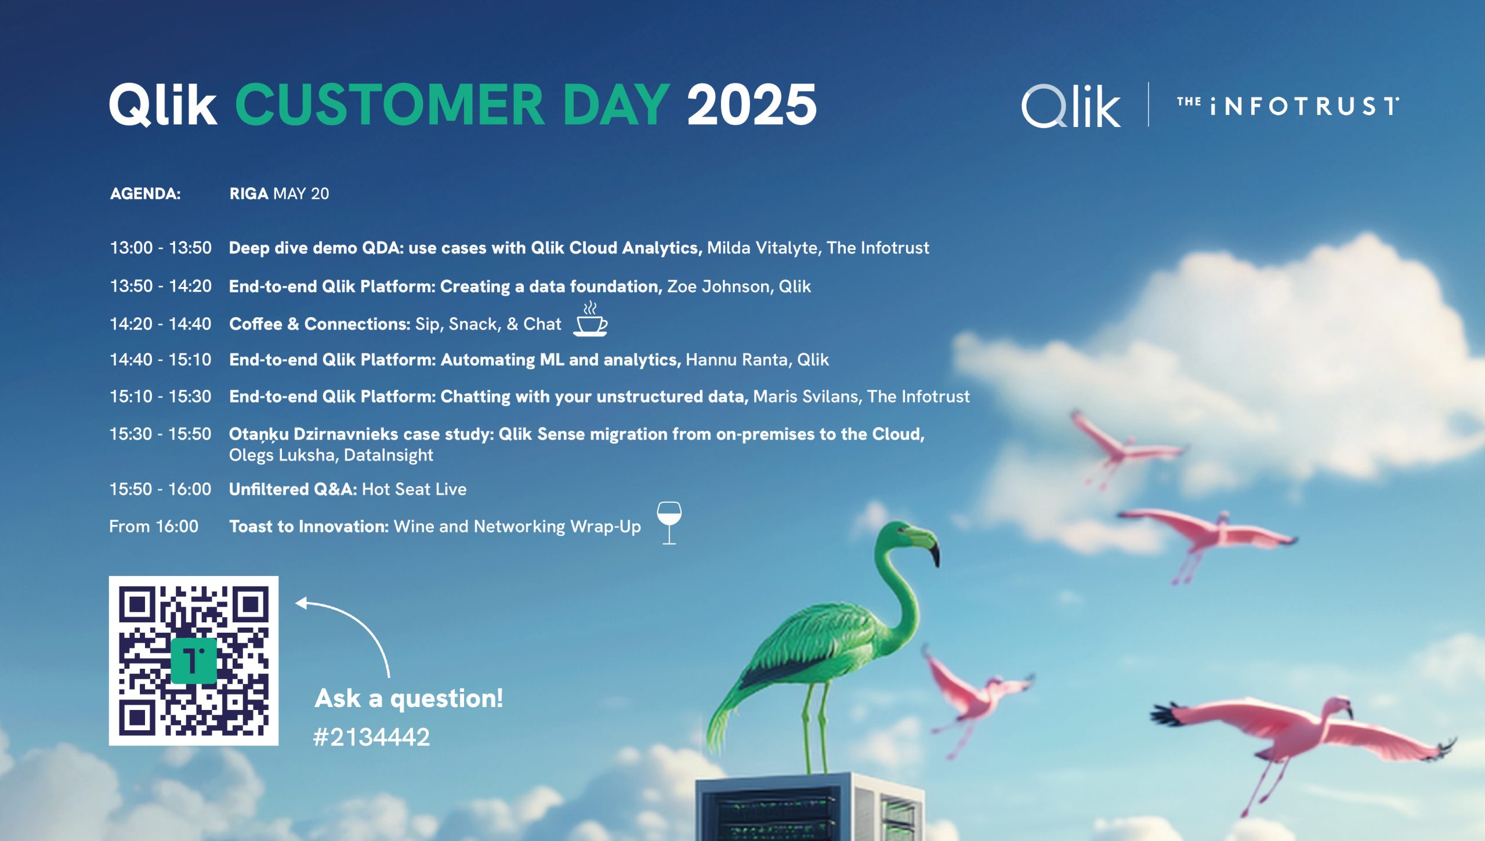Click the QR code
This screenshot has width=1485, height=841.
coord(193,661)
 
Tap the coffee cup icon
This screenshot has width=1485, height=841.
coord(591,319)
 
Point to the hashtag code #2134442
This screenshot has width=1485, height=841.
coord(371,737)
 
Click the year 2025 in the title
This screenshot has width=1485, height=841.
coord(752,104)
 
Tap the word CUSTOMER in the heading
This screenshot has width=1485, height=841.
coord(389,104)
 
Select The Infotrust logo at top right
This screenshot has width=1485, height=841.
coord(1288,106)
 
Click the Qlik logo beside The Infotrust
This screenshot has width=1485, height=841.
coord(1071,106)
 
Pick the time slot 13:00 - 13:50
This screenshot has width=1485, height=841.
coord(161,248)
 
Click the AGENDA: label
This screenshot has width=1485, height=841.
coord(146,194)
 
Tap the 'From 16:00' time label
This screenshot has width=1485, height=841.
coord(154,527)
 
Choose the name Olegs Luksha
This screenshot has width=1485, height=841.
coord(281,455)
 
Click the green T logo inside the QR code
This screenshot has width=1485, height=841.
coord(194,661)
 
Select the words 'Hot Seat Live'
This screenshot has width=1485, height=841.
coord(414,490)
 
